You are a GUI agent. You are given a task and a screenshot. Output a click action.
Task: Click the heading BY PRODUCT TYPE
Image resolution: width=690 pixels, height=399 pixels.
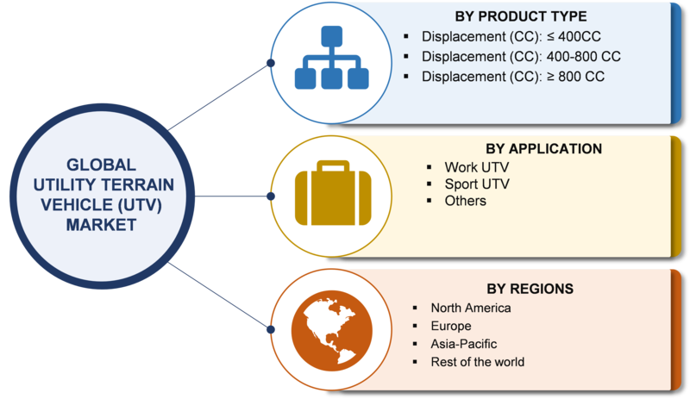521,16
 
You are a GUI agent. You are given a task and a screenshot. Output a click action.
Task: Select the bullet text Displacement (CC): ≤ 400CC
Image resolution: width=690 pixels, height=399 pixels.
511,36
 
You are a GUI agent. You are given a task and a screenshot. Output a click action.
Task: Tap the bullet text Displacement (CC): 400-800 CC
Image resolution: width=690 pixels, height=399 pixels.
521,57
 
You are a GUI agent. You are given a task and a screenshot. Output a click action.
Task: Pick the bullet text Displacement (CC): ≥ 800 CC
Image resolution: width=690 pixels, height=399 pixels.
512,77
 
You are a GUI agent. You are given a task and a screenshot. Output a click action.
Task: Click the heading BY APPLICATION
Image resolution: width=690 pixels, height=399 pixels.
543,149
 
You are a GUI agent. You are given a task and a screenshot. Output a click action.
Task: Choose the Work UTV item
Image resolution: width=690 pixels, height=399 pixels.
477,167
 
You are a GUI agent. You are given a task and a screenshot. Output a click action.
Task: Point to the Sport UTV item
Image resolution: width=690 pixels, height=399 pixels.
477,184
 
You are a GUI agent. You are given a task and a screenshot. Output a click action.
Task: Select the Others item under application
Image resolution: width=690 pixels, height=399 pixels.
465,201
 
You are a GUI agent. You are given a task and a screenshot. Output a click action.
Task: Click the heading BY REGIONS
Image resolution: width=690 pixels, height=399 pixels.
530,289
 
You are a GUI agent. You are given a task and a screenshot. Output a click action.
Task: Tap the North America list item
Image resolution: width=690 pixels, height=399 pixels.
471,308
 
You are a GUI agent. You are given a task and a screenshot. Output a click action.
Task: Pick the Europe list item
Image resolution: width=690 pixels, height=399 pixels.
451,326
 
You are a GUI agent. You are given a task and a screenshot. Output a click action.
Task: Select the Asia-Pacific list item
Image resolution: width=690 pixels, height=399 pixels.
464,344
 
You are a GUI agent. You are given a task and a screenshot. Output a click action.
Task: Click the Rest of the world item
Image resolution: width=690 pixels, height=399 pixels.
478,362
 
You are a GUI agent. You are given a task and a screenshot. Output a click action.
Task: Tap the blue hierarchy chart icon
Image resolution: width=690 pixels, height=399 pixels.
331,57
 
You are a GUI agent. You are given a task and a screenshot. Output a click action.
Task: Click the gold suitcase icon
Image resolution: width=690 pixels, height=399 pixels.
333,194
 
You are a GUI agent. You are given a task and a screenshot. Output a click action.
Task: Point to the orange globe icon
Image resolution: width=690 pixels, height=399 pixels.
332,330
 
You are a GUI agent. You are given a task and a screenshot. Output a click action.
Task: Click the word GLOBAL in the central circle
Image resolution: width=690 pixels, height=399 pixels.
101,165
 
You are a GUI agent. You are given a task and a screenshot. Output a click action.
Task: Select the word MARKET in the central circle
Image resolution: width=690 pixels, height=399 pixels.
101,225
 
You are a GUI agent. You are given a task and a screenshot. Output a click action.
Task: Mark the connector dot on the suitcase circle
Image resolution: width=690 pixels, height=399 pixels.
271,196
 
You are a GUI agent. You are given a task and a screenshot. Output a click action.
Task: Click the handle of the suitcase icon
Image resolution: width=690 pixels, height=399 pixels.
333,165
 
